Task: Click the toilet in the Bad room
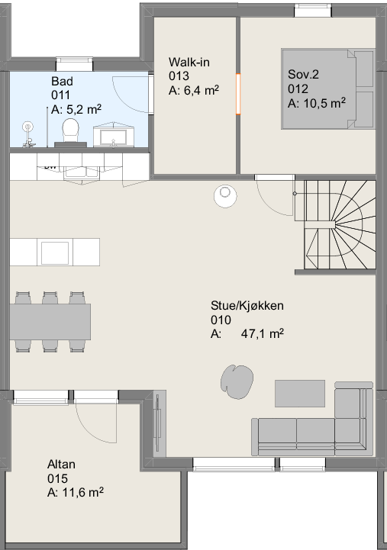(70, 133)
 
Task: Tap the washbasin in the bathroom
(113, 135)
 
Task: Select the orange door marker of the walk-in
(238, 94)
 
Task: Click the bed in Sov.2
(328, 89)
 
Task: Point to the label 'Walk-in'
(189, 62)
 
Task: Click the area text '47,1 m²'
(263, 333)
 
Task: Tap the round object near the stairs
(225, 195)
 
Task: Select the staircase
(335, 225)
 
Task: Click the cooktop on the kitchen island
(55, 252)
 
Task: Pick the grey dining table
(50, 322)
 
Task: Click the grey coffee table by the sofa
(300, 394)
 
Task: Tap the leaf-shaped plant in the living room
(237, 381)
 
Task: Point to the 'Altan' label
(61, 464)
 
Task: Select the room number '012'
(298, 88)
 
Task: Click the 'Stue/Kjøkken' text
(247, 306)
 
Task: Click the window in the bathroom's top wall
(75, 65)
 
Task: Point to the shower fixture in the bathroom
(28, 134)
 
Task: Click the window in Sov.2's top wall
(313, 10)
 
